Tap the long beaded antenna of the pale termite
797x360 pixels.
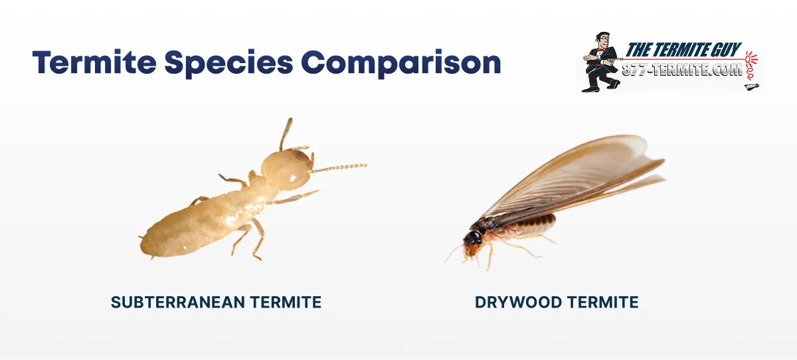(x=339, y=168)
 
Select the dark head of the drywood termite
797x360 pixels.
(x=474, y=238)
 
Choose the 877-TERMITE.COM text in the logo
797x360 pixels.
(x=683, y=69)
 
